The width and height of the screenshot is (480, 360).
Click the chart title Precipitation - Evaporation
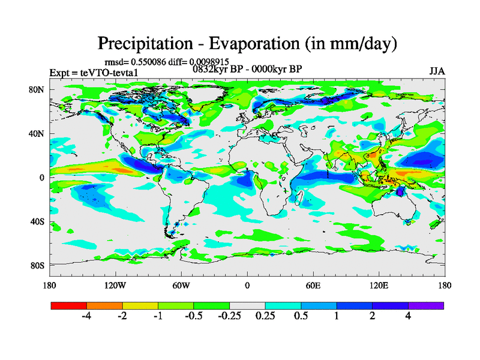tap(247, 43)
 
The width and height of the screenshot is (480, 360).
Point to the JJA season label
tap(437, 71)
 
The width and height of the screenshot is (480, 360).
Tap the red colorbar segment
tap(69, 305)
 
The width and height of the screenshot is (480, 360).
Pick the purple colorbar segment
tap(426, 305)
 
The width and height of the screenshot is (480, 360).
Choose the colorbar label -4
tap(86, 317)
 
